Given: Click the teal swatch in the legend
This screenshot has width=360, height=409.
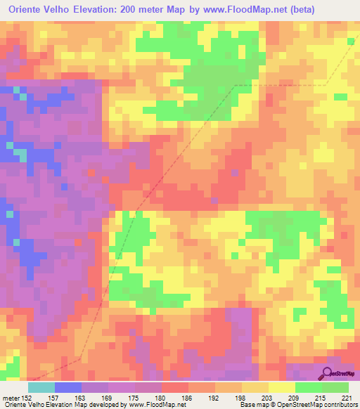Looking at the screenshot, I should pyautogui.click(x=41, y=387).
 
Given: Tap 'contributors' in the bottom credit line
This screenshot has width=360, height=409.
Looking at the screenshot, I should pyautogui.click(x=338, y=405).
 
